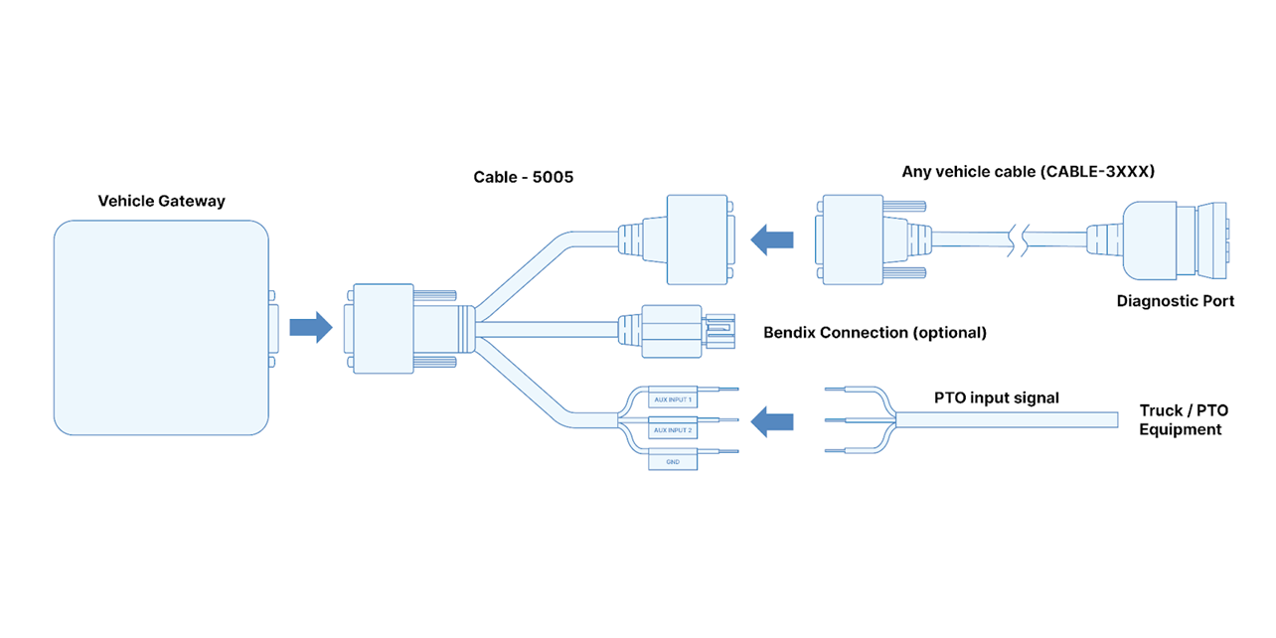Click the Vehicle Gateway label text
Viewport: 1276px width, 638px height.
pyautogui.click(x=161, y=201)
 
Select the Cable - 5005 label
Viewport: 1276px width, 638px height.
pyautogui.click(x=523, y=178)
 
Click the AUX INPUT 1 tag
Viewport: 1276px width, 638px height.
pyautogui.click(x=673, y=399)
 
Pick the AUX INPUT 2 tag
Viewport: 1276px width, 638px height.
pyautogui.click(x=673, y=430)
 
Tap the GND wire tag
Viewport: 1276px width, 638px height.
pyautogui.click(x=673, y=462)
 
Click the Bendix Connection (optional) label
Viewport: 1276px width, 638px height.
pyautogui.click(x=875, y=332)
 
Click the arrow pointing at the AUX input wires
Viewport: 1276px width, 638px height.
pyautogui.click(x=772, y=422)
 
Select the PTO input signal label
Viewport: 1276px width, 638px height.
pyautogui.click(x=996, y=398)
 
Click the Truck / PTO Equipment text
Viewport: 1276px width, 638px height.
pyautogui.click(x=1183, y=419)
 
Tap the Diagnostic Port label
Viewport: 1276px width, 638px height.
pyautogui.click(x=1175, y=300)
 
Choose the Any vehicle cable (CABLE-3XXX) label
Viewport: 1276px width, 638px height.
pyautogui.click(x=1028, y=171)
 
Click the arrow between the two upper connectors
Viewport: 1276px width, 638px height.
pyautogui.click(x=772, y=239)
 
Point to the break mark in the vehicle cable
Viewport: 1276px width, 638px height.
pyautogui.click(x=1019, y=239)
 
